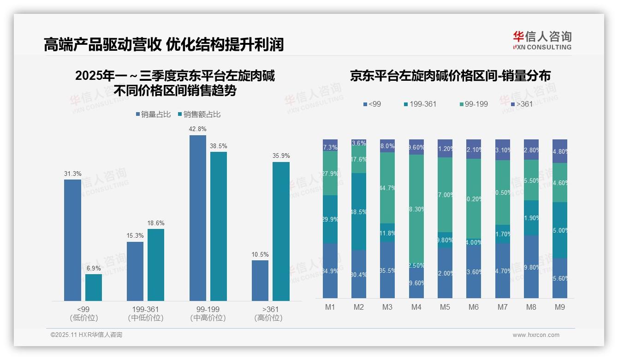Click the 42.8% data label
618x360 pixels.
point(198,129)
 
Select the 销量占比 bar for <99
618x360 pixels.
point(72,240)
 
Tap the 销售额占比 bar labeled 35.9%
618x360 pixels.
point(281,231)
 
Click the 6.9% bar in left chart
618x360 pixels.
point(94,288)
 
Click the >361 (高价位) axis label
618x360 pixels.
point(268,313)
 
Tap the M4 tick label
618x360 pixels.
point(416,307)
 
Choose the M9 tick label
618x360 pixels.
point(560,307)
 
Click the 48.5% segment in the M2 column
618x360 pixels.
point(359,211)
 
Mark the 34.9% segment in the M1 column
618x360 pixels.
point(330,270)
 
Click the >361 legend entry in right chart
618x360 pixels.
point(521,104)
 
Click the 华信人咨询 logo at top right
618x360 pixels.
point(542,40)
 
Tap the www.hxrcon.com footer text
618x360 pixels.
point(536,335)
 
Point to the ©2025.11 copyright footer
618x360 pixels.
point(86,335)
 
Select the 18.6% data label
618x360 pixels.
point(156,223)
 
